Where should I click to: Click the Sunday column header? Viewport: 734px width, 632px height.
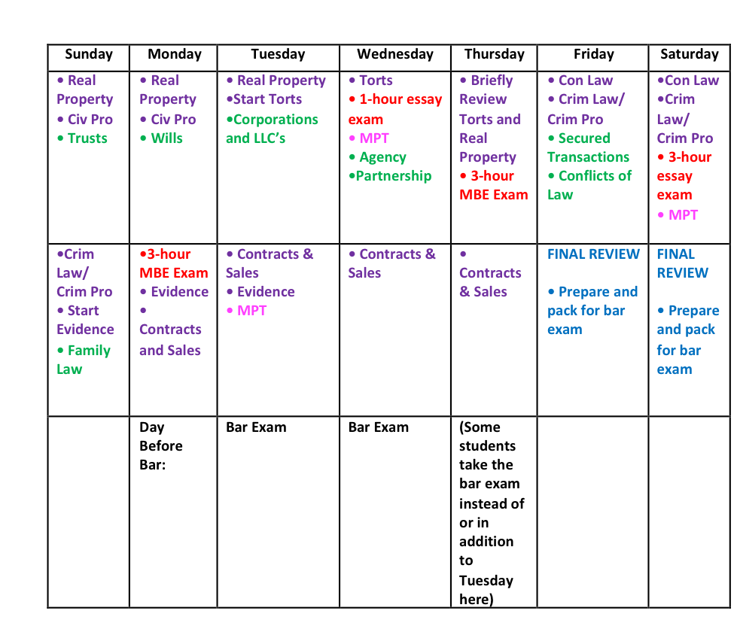pos(89,54)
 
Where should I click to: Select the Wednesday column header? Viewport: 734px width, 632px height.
pos(394,54)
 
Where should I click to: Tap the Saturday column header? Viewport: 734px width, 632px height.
pos(689,54)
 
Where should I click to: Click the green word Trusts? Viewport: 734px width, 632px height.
pos(87,138)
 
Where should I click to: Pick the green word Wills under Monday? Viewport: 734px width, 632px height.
pos(166,138)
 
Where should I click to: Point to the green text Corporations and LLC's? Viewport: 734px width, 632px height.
pos(272,129)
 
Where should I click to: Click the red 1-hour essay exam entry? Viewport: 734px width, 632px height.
pos(395,109)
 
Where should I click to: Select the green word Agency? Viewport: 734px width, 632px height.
pos(382,157)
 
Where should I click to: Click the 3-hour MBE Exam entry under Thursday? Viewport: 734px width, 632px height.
pos(494,185)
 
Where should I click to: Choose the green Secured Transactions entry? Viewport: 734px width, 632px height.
pos(588,147)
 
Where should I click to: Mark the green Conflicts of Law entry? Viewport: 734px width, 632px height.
pos(589,185)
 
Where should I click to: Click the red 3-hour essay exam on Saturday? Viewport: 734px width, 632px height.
pos(684,176)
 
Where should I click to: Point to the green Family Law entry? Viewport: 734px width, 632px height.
pos(84,360)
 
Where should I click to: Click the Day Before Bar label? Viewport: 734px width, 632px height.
pos(160,446)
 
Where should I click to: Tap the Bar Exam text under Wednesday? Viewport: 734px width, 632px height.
pos(378,427)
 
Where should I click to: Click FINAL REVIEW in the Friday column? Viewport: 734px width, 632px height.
pos(593,254)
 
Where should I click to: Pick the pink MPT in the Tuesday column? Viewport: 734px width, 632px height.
pos(251,311)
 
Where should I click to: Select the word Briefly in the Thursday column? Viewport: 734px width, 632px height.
pos(492,81)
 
